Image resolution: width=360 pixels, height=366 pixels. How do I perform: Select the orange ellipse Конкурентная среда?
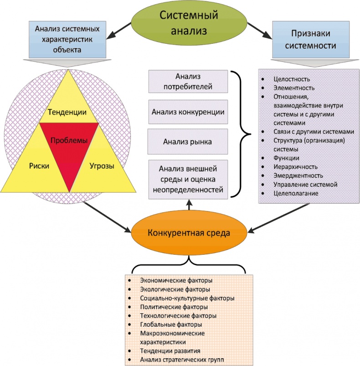click(189, 233)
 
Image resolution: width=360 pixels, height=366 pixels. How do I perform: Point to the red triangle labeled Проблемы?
click(69, 141)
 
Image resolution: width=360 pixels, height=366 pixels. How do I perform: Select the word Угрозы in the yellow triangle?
click(101, 166)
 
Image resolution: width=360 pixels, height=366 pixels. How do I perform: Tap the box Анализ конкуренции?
click(188, 111)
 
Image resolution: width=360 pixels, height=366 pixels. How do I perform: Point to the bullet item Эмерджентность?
click(298, 175)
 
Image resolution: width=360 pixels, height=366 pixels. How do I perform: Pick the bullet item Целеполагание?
click(296, 194)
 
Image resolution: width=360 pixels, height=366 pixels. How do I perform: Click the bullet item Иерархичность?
click(295, 167)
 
